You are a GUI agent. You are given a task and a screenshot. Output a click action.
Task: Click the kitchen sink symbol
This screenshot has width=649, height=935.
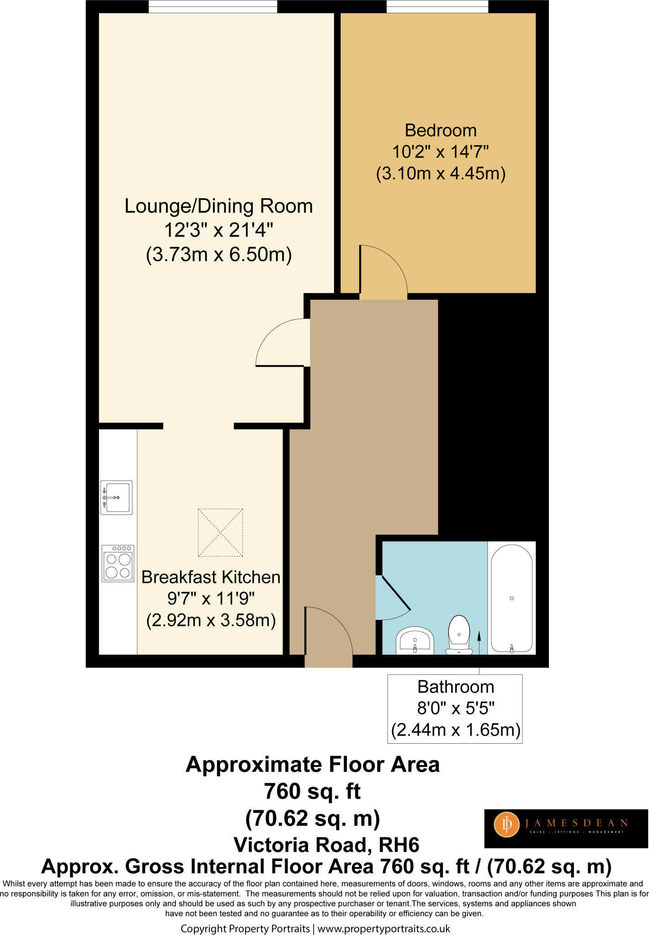coord(117,497)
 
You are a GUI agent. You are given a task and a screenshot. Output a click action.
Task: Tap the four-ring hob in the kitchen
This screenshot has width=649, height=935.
coord(118,563)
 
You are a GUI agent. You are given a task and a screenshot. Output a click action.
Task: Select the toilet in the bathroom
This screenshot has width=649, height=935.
coord(459,634)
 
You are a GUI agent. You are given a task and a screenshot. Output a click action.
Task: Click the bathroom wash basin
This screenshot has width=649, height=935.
coord(415,640)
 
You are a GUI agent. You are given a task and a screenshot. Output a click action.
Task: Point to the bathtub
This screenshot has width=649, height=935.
coord(512,598)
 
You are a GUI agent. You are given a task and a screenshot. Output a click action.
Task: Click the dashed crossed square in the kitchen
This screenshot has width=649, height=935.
coord(220,532)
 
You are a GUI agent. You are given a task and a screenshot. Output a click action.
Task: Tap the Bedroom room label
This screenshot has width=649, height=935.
coord(441,131)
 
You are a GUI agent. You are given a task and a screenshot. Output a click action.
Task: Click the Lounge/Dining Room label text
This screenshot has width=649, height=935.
coord(218,206)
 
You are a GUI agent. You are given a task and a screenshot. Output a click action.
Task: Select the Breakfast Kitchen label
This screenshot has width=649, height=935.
coord(211,577)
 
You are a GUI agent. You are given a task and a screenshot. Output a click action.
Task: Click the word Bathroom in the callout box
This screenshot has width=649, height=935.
coord(456,687)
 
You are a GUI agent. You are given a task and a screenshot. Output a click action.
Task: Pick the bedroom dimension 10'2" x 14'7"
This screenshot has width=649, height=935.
coord(441,151)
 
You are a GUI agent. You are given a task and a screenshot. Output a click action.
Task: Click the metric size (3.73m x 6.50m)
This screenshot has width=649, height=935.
coord(218,254)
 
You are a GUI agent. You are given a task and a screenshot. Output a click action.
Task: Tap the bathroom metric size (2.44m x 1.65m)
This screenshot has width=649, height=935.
coord(456,730)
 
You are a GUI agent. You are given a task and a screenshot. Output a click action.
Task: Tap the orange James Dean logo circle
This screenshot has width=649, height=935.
coord(506,825)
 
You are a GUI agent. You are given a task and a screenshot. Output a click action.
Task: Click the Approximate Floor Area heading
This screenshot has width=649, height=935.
coord(313,764)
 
